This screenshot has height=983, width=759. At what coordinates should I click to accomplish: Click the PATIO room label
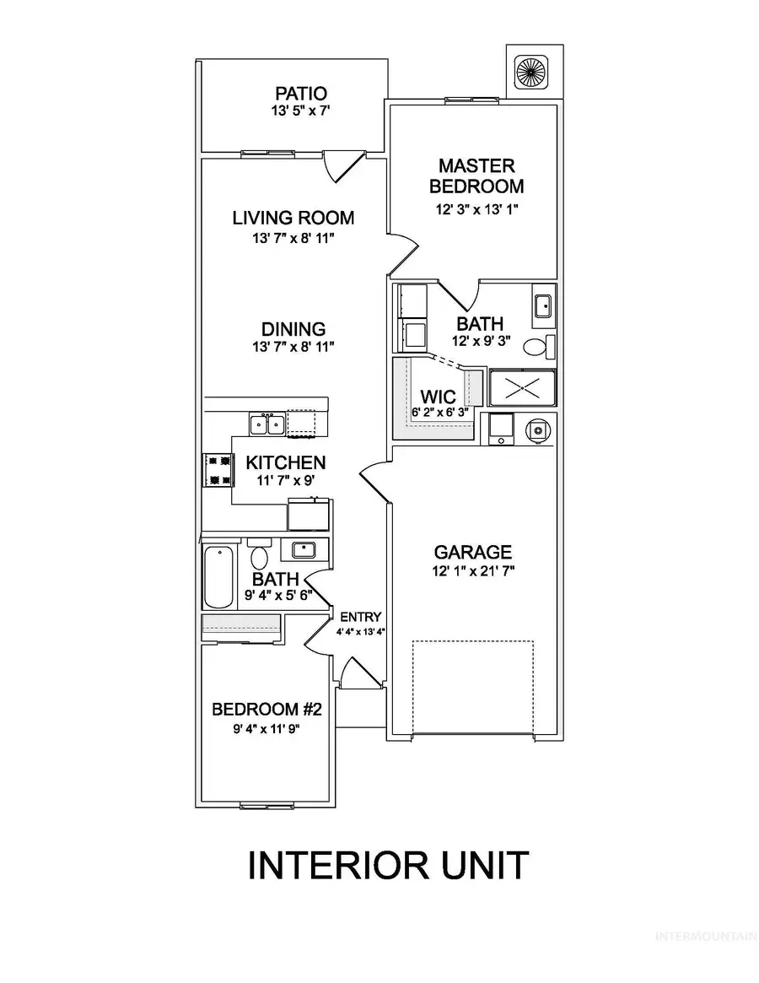(301, 94)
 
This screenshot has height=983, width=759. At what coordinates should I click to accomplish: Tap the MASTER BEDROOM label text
(476, 176)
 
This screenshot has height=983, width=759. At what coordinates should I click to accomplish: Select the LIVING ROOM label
(293, 218)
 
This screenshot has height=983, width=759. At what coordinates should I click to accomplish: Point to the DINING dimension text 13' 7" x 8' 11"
(293, 346)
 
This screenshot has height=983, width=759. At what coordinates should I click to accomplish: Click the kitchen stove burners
(218, 470)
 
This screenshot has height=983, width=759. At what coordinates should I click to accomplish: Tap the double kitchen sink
(266, 424)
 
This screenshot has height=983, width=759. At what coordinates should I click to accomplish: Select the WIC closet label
(438, 397)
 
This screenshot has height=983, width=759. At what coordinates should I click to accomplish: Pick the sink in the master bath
(543, 306)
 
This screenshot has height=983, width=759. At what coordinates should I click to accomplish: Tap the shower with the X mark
(522, 389)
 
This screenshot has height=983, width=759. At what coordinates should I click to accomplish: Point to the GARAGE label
(473, 553)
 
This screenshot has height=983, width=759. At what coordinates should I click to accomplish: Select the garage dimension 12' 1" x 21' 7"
(473, 571)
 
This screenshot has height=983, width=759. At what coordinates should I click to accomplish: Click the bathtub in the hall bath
(218, 576)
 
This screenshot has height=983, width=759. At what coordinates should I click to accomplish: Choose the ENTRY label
(360, 618)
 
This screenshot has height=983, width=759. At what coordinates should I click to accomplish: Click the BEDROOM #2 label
(266, 709)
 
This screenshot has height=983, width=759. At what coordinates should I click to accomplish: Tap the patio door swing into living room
(343, 166)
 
